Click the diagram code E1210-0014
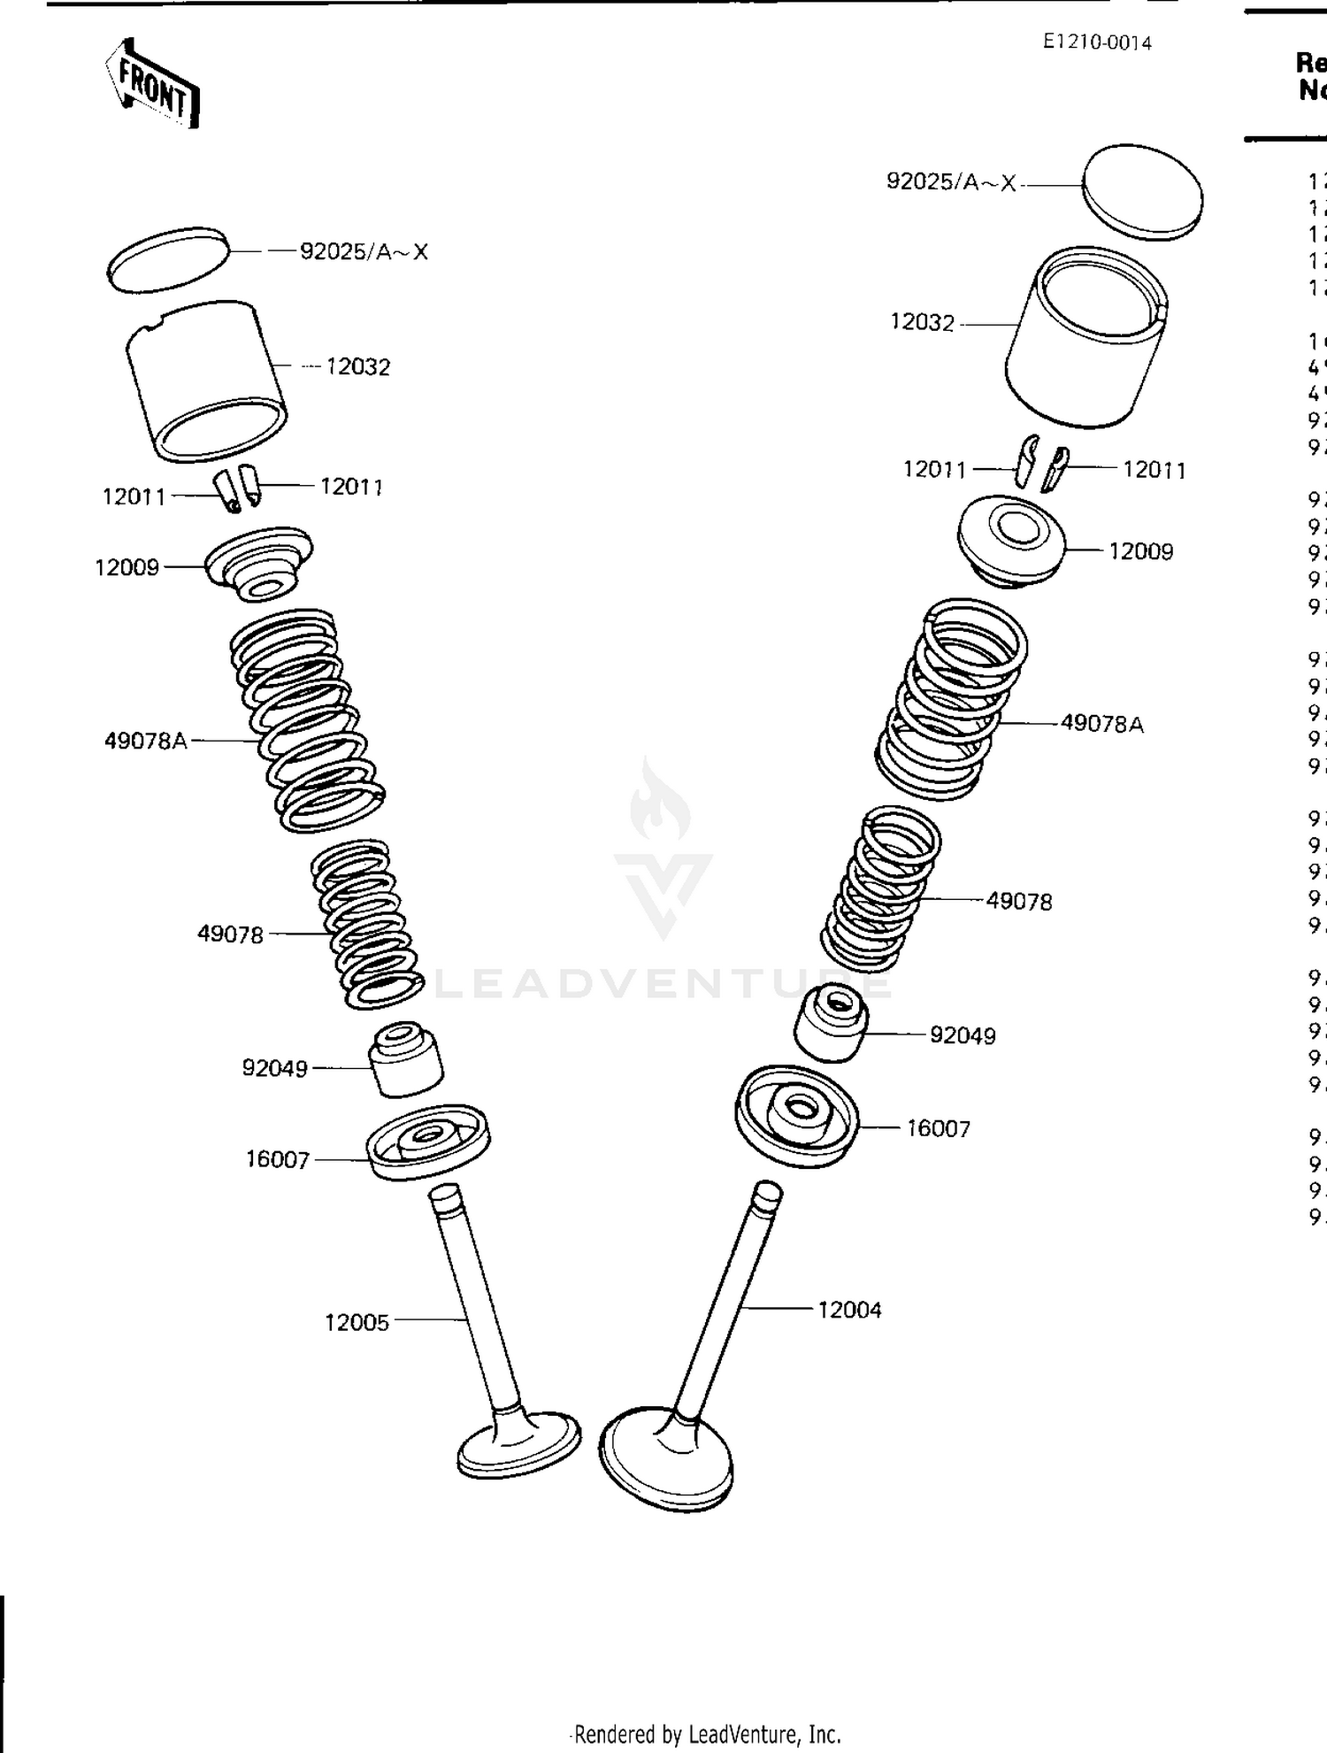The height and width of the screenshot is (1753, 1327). click(x=1096, y=42)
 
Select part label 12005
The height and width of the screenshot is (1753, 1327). click(x=357, y=1323)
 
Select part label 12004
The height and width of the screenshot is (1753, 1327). click(x=849, y=1310)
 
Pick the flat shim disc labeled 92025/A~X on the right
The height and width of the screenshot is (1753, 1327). click(x=1143, y=191)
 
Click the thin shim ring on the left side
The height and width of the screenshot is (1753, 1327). click(x=168, y=258)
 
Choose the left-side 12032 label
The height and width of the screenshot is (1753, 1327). click(x=357, y=367)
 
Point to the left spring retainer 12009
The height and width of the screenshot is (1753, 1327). click(x=259, y=563)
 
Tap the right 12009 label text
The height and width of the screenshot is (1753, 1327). click(x=1140, y=552)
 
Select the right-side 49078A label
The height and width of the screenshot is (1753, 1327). click(x=1101, y=725)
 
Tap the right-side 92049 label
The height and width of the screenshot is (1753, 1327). click(x=963, y=1035)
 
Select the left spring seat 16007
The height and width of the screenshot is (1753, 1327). click(x=429, y=1141)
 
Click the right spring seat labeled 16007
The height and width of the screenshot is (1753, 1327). click(x=797, y=1115)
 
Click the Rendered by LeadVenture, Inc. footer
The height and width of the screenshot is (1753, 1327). click(x=705, y=1734)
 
